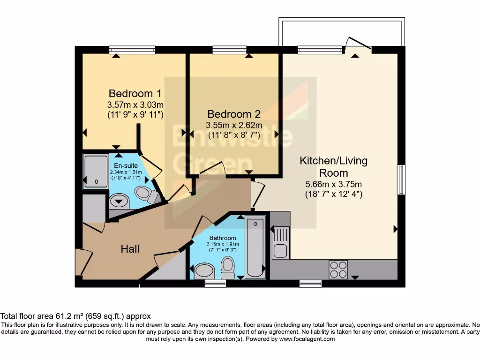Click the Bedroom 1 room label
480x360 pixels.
click(135, 93)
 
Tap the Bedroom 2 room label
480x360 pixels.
click(234, 114)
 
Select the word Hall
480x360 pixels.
click(130, 249)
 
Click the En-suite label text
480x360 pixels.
click(126, 165)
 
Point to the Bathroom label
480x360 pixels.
click(223, 238)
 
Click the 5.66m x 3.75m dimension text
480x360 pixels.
click(334, 184)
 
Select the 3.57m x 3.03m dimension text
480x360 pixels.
click(135, 105)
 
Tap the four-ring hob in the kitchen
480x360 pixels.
click(338, 270)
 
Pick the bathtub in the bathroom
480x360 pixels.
click(255, 247)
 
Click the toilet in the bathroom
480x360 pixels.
click(227, 267)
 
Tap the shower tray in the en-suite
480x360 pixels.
click(96, 172)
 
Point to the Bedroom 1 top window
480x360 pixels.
click(132, 50)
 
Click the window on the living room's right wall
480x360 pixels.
click(401, 180)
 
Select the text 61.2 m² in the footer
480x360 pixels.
click(69, 316)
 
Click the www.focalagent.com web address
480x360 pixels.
click(307, 339)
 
